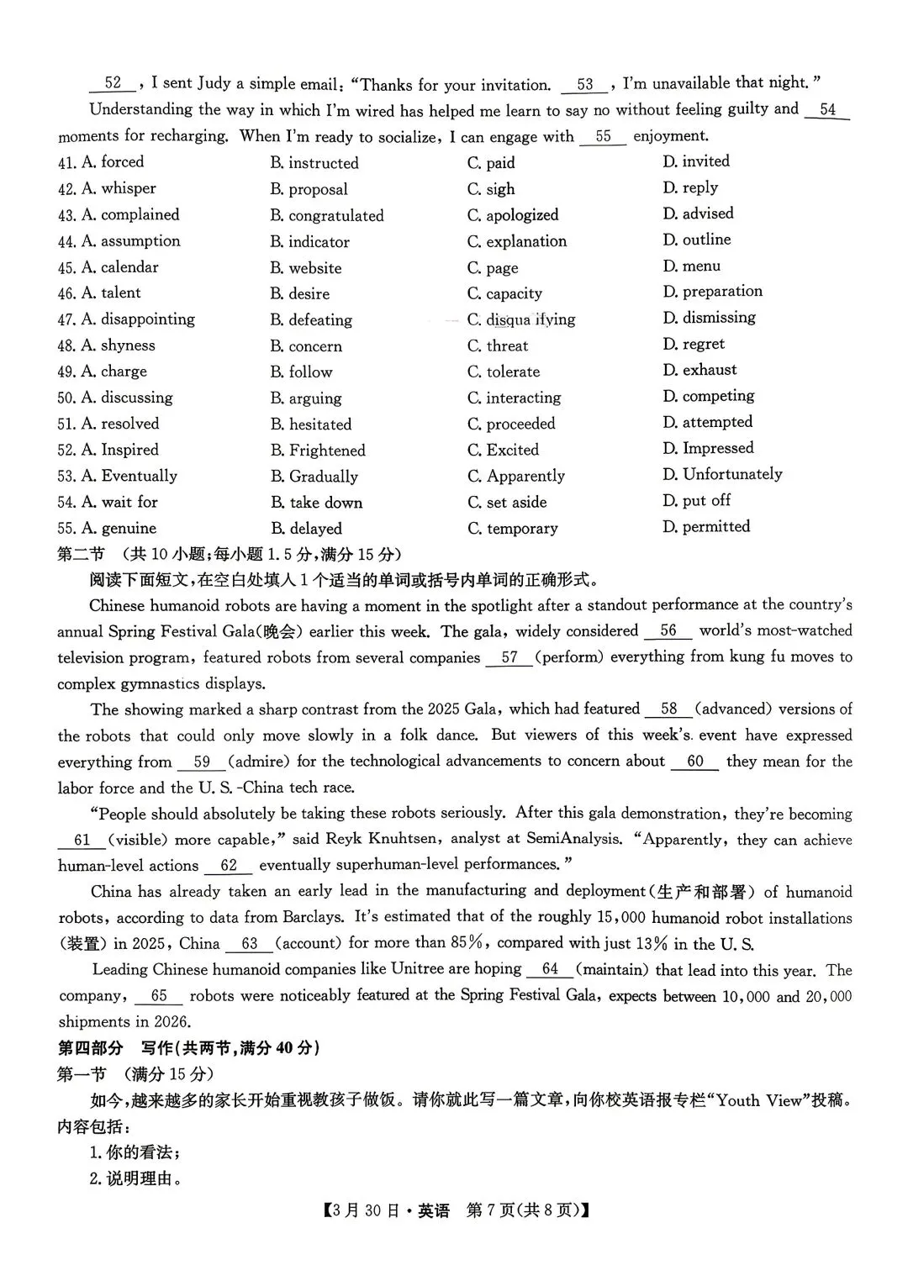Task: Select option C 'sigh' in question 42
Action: point(500,189)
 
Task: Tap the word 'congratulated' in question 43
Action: point(335,216)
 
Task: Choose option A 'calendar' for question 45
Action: point(129,267)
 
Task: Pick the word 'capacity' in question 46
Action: point(514,293)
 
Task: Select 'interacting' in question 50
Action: point(523,398)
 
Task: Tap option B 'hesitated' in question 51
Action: point(319,424)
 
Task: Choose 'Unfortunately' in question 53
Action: point(731,474)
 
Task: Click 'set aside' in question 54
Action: point(516,502)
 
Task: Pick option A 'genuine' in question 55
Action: point(128,528)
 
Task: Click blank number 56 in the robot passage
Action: point(668,630)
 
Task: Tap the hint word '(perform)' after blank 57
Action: point(570,657)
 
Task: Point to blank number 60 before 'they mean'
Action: point(694,762)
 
